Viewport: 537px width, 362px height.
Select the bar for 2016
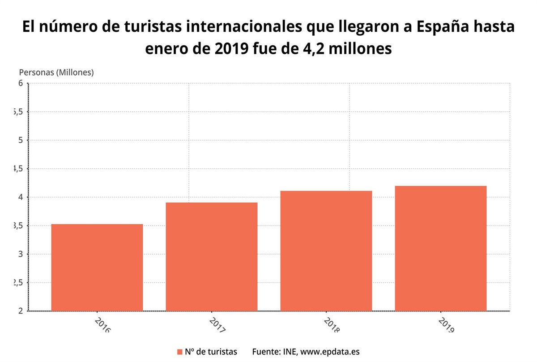tap(97, 267)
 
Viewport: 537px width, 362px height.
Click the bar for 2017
tap(212, 256)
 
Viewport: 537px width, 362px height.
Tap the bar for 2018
tap(326, 251)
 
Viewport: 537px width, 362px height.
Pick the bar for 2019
tap(441, 248)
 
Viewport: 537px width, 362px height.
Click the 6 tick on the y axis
tap(20, 83)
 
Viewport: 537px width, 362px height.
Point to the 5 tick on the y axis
tap(20, 140)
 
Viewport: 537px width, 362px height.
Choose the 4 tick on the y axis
tap(20, 197)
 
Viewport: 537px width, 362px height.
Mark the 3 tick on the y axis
tap(20, 254)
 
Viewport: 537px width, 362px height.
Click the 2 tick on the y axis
tap(20, 311)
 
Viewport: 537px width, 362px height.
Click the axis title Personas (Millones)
tap(56, 72)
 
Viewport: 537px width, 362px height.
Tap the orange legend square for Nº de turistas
tap(180, 352)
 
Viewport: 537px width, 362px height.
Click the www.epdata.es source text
tap(330, 352)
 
